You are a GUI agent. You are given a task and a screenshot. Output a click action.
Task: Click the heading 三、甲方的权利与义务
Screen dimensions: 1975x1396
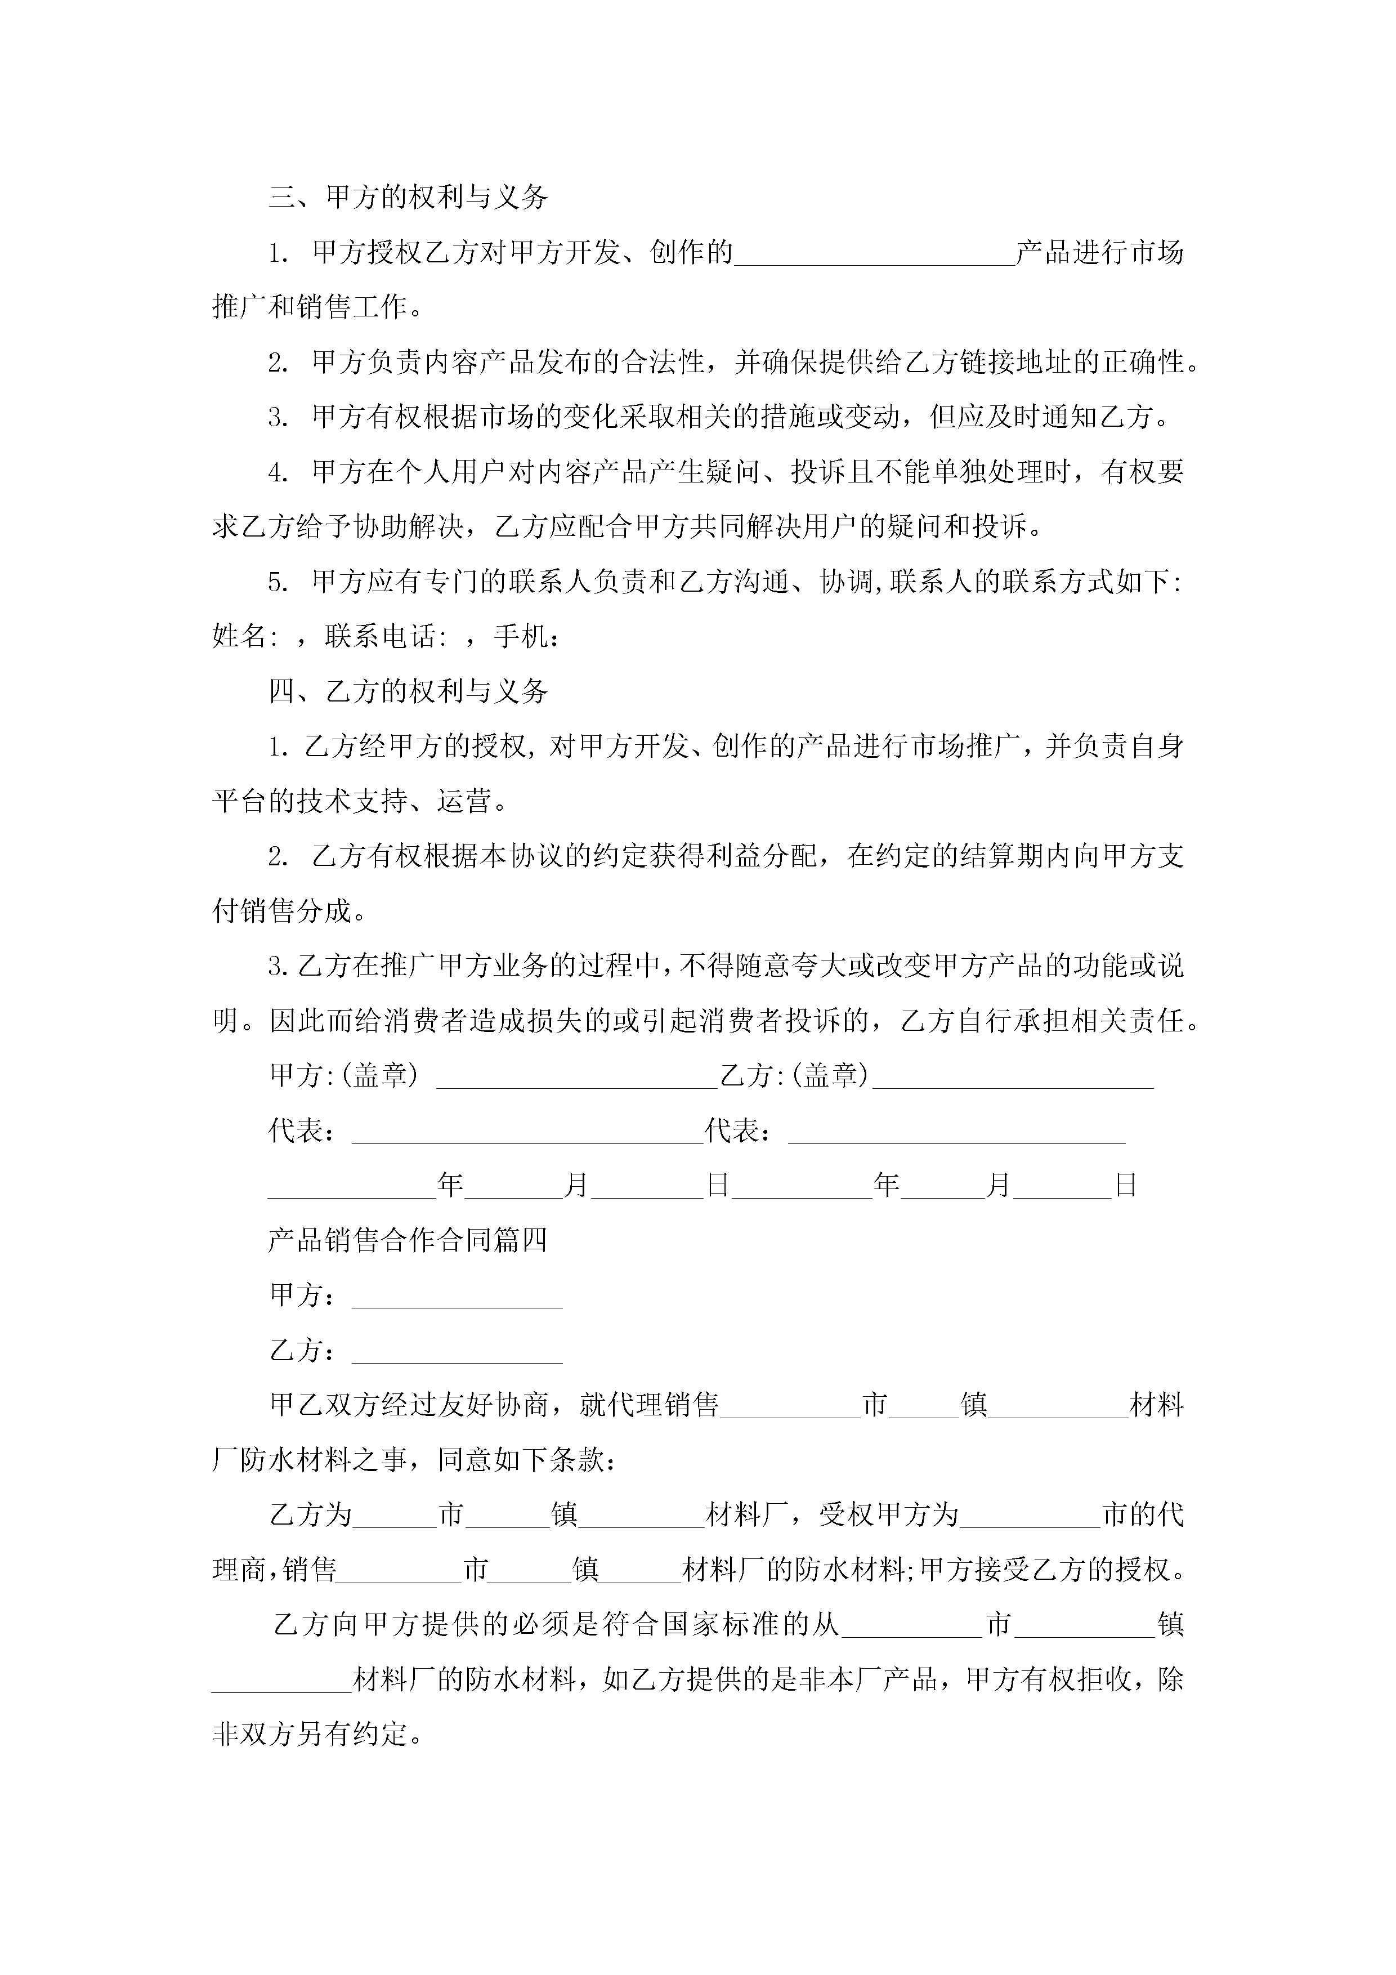point(409,198)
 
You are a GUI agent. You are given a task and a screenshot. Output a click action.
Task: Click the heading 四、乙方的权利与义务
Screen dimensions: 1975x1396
point(409,691)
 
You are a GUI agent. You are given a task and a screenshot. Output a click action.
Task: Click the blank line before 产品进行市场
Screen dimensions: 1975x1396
point(875,256)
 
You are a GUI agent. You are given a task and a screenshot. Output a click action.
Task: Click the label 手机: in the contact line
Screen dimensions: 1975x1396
point(526,637)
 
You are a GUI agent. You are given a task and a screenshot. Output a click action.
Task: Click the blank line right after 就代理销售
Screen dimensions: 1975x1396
point(790,1408)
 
